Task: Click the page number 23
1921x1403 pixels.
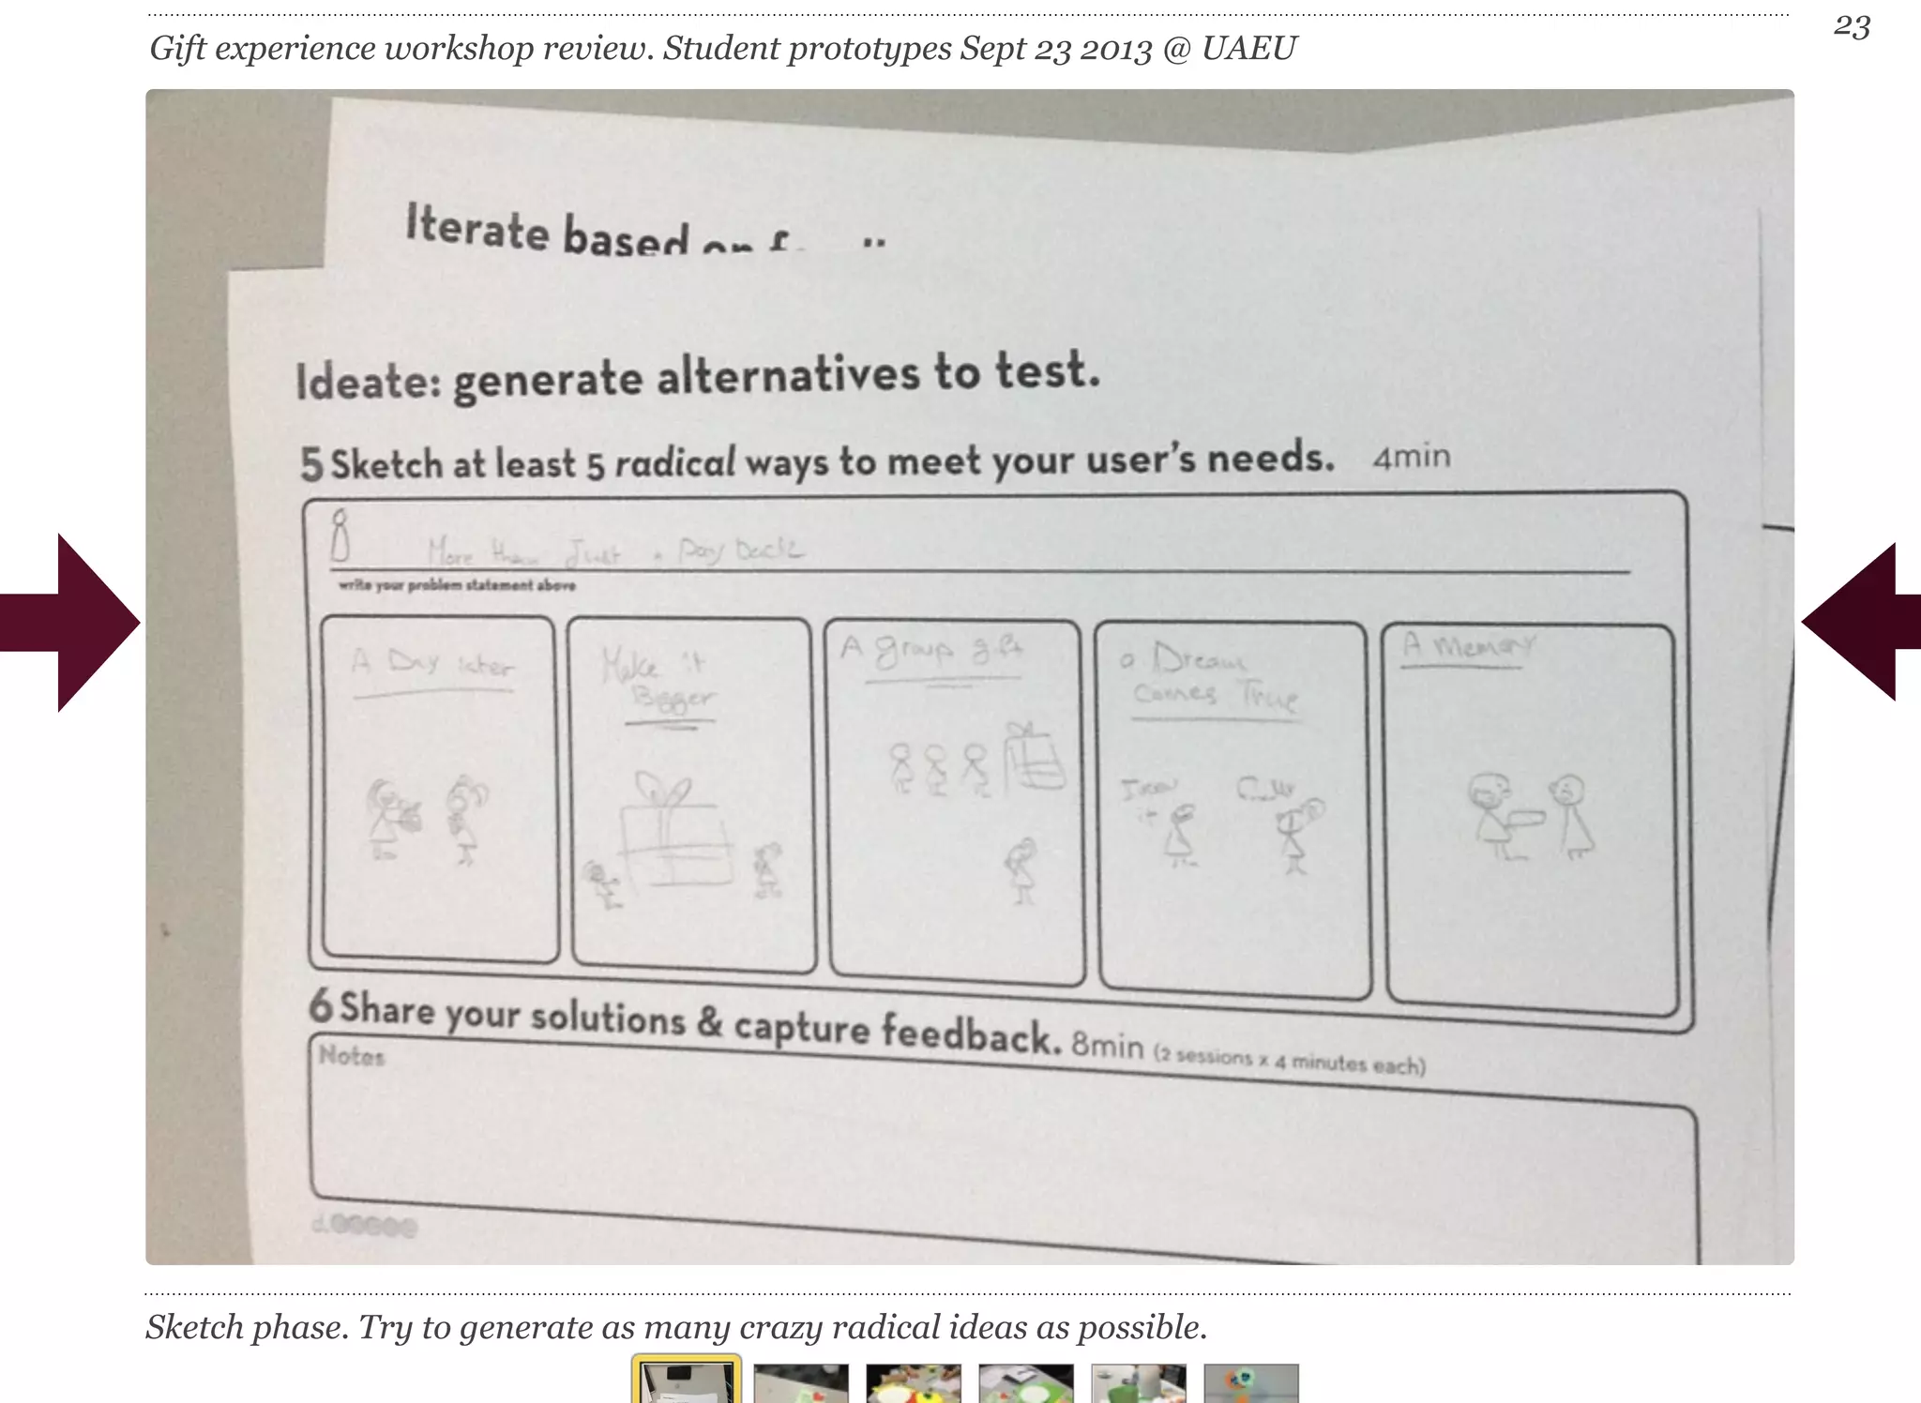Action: (1852, 26)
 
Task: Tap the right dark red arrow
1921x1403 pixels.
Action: (1857, 622)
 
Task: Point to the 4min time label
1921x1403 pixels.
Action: (1411, 457)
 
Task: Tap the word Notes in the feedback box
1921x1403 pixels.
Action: (352, 1056)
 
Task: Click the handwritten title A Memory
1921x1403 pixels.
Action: (1467, 645)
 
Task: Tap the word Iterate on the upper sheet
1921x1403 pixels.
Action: (476, 228)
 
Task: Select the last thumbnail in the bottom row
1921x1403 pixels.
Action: (1250, 1382)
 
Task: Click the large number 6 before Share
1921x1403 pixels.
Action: (321, 1005)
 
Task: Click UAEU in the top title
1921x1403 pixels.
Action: (1248, 48)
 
